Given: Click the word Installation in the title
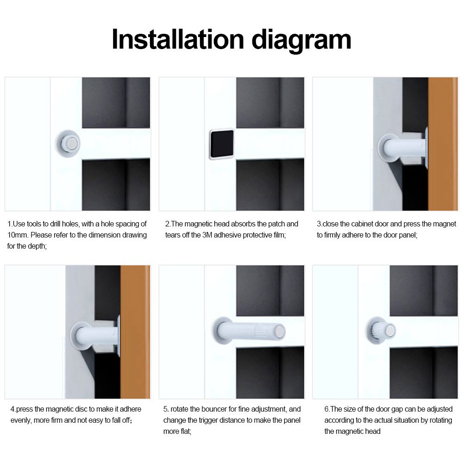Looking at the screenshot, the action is (178, 39).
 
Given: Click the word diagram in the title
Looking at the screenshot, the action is (301, 41).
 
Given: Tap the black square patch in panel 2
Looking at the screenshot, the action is (222, 144).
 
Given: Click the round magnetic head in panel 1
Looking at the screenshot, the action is (71, 144).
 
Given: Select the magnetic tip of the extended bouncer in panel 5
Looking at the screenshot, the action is (279, 332).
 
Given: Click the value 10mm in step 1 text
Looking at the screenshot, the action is (18, 235).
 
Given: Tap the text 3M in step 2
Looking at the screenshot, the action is (207, 235).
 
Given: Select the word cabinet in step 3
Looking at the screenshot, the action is (363, 224).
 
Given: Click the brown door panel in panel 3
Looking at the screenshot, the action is (443, 144).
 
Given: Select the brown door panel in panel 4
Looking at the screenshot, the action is (135, 332).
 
